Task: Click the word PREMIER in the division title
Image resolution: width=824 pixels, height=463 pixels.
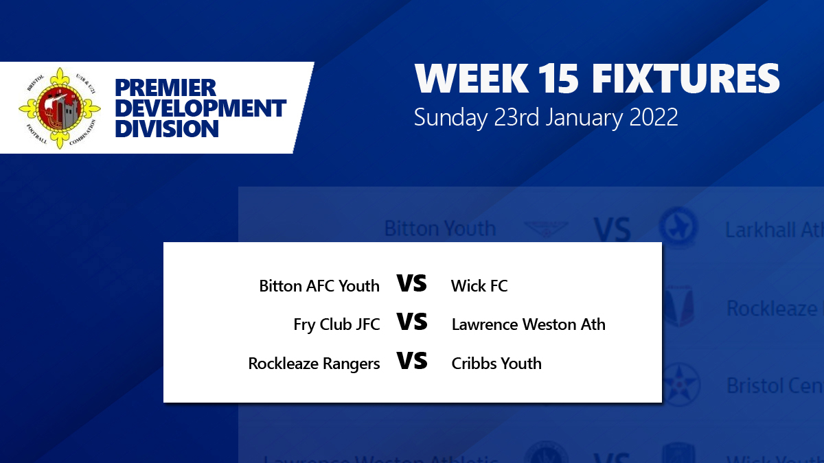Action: click(x=165, y=88)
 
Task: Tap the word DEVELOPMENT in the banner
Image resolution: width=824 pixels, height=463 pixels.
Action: click(x=201, y=108)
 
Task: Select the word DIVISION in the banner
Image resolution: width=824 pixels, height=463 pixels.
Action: click(x=167, y=128)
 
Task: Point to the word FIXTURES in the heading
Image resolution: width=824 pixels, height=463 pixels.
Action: click(x=686, y=80)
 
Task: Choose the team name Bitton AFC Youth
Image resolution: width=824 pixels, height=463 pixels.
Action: click(x=319, y=286)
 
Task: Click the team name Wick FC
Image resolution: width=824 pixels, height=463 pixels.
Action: click(x=479, y=286)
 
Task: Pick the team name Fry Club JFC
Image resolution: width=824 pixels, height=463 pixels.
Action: click(x=336, y=324)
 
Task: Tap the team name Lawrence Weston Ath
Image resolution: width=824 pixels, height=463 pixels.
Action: click(x=528, y=324)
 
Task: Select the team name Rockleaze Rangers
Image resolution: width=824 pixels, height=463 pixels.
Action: click(x=314, y=364)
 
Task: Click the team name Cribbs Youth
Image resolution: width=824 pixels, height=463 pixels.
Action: click(x=496, y=364)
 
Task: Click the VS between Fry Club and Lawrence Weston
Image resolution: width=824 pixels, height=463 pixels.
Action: click(x=412, y=322)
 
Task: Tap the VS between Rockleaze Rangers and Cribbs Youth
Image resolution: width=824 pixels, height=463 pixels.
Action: click(x=412, y=361)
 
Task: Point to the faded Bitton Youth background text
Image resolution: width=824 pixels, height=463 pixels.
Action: click(x=439, y=228)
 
